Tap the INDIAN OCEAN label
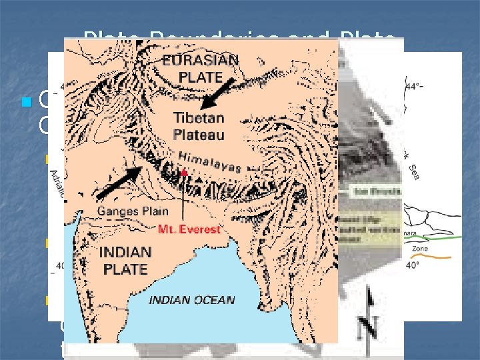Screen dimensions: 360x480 pyautogui.click(x=191, y=300)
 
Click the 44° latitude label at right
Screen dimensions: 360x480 pyautogui.click(x=417, y=86)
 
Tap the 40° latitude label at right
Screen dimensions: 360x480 pyautogui.click(x=414, y=265)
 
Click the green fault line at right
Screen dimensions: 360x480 pyautogui.click(x=427, y=237)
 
